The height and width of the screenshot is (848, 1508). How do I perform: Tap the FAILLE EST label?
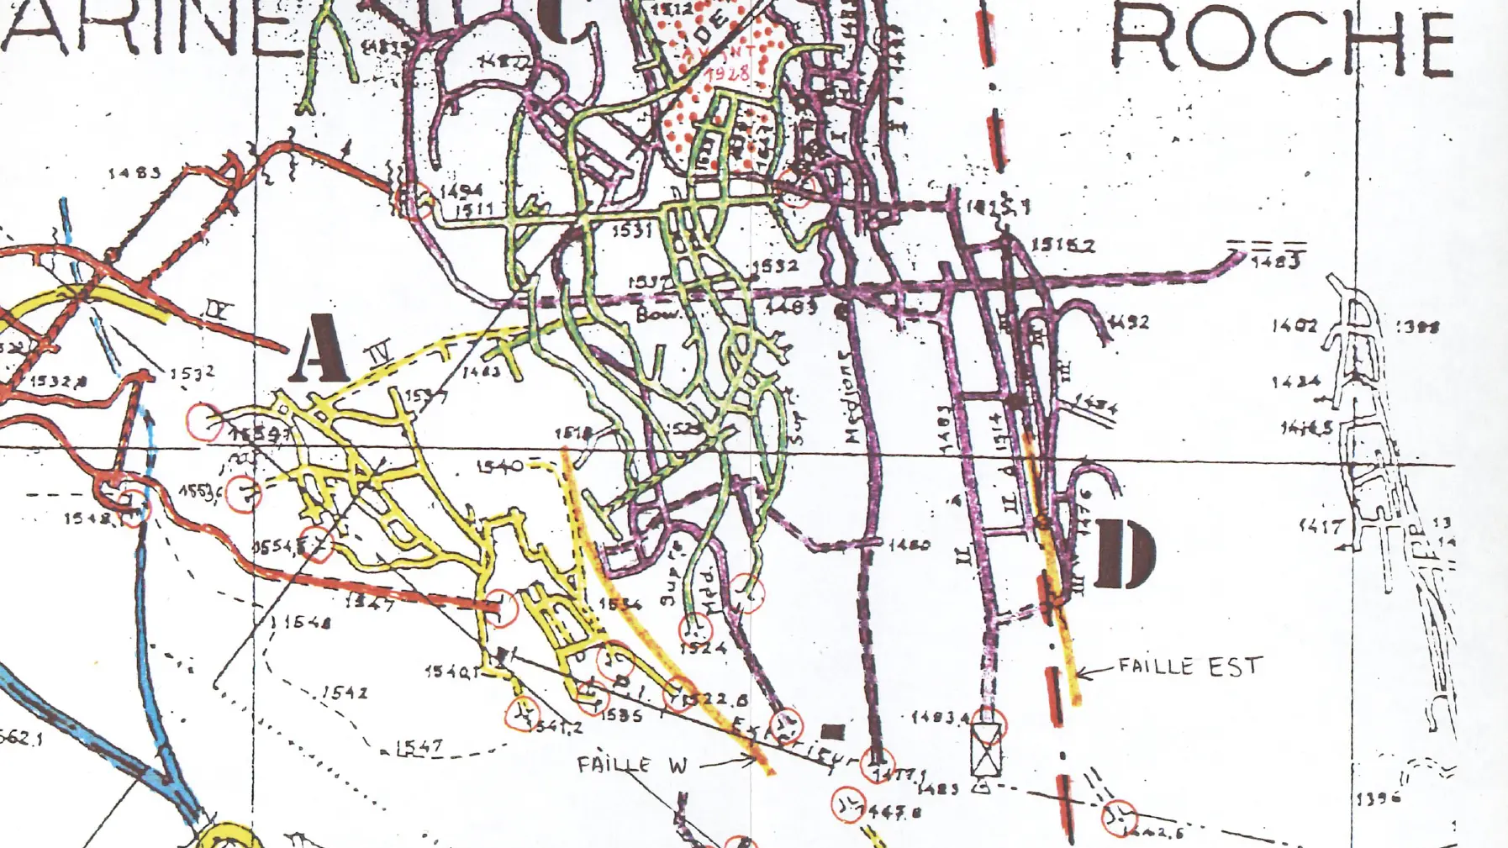pyautogui.click(x=1189, y=667)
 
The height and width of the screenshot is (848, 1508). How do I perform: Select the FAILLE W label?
pyautogui.click(x=632, y=765)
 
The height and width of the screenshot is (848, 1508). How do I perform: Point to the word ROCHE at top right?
pyautogui.click(x=1282, y=40)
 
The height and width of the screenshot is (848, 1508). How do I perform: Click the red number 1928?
pyautogui.click(x=726, y=73)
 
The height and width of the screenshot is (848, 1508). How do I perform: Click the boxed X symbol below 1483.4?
pyautogui.click(x=987, y=750)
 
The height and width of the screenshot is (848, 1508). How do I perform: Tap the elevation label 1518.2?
pyautogui.click(x=1062, y=245)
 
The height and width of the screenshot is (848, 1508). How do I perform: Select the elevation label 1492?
pyautogui.click(x=1129, y=322)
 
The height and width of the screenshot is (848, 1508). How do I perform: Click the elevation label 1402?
pyautogui.click(x=1294, y=325)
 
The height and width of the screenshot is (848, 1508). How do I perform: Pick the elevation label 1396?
pyautogui.click(x=1378, y=799)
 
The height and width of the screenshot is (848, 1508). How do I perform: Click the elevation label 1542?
pyautogui.click(x=345, y=693)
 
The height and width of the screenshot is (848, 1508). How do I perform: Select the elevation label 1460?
pyautogui.click(x=909, y=545)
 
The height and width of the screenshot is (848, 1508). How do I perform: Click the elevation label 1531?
pyautogui.click(x=631, y=229)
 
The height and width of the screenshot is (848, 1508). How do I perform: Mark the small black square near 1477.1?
pyautogui.click(x=832, y=731)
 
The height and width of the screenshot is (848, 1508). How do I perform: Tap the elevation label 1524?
pyautogui.click(x=704, y=647)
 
